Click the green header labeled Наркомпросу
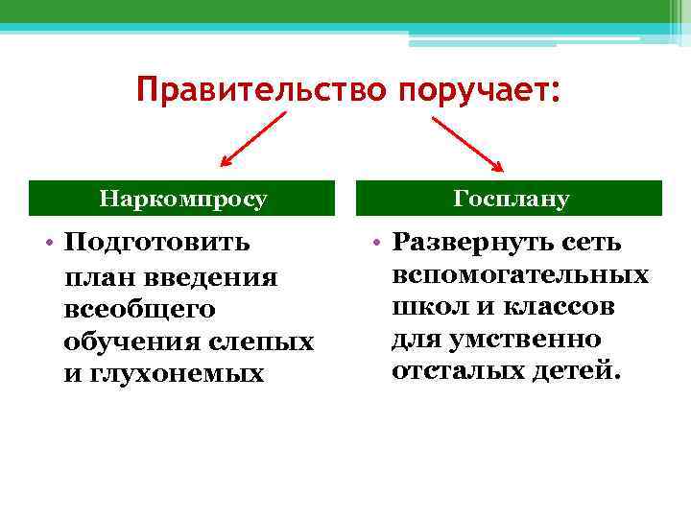click(x=183, y=200)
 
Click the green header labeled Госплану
click(x=511, y=200)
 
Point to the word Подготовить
click(x=156, y=243)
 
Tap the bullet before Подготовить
click(x=47, y=243)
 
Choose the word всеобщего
click(x=139, y=309)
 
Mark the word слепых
click(x=266, y=341)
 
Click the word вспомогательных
click(x=519, y=275)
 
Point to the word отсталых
click(x=444, y=371)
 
